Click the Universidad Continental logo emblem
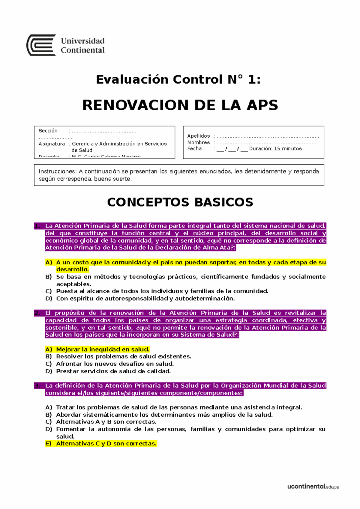(x=41, y=45)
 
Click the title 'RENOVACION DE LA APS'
(x=180, y=105)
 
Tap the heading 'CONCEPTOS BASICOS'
(x=180, y=202)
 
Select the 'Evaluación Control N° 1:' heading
(x=178, y=79)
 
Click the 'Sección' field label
(x=48, y=131)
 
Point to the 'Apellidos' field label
(x=198, y=136)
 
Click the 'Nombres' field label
(x=198, y=142)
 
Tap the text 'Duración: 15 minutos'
(x=275, y=149)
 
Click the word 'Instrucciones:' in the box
(x=58, y=171)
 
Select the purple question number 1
(x=37, y=226)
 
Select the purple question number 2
(x=37, y=313)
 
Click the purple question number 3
(x=37, y=386)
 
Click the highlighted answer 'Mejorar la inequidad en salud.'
(x=103, y=350)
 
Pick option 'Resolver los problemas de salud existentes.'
(x=123, y=357)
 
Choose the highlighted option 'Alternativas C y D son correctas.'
(x=106, y=444)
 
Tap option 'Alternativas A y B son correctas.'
(x=106, y=422)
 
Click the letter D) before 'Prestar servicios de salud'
(x=49, y=371)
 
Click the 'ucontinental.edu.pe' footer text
(x=313, y=487)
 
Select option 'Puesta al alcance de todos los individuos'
(x=162, y=291)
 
